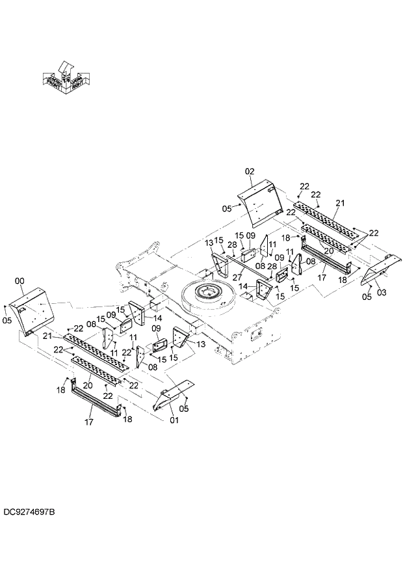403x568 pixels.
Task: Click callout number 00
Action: click(x=19, y=280)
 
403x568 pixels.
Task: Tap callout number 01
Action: click(x=174, y=420)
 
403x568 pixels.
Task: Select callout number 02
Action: click(x=249, y=171)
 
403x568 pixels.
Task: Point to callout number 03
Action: click(x=382, y=293)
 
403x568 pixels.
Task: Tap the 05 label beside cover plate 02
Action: click(x=227, y=209)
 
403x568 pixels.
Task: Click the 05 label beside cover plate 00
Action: click(x=7, y=320)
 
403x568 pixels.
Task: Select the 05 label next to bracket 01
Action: click(x=185, y=409)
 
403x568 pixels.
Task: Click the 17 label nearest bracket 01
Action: click(x=89, y=422)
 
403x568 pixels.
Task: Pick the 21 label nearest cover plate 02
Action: click(x=339, y=204)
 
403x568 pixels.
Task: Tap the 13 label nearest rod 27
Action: click(x=209, y=243)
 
